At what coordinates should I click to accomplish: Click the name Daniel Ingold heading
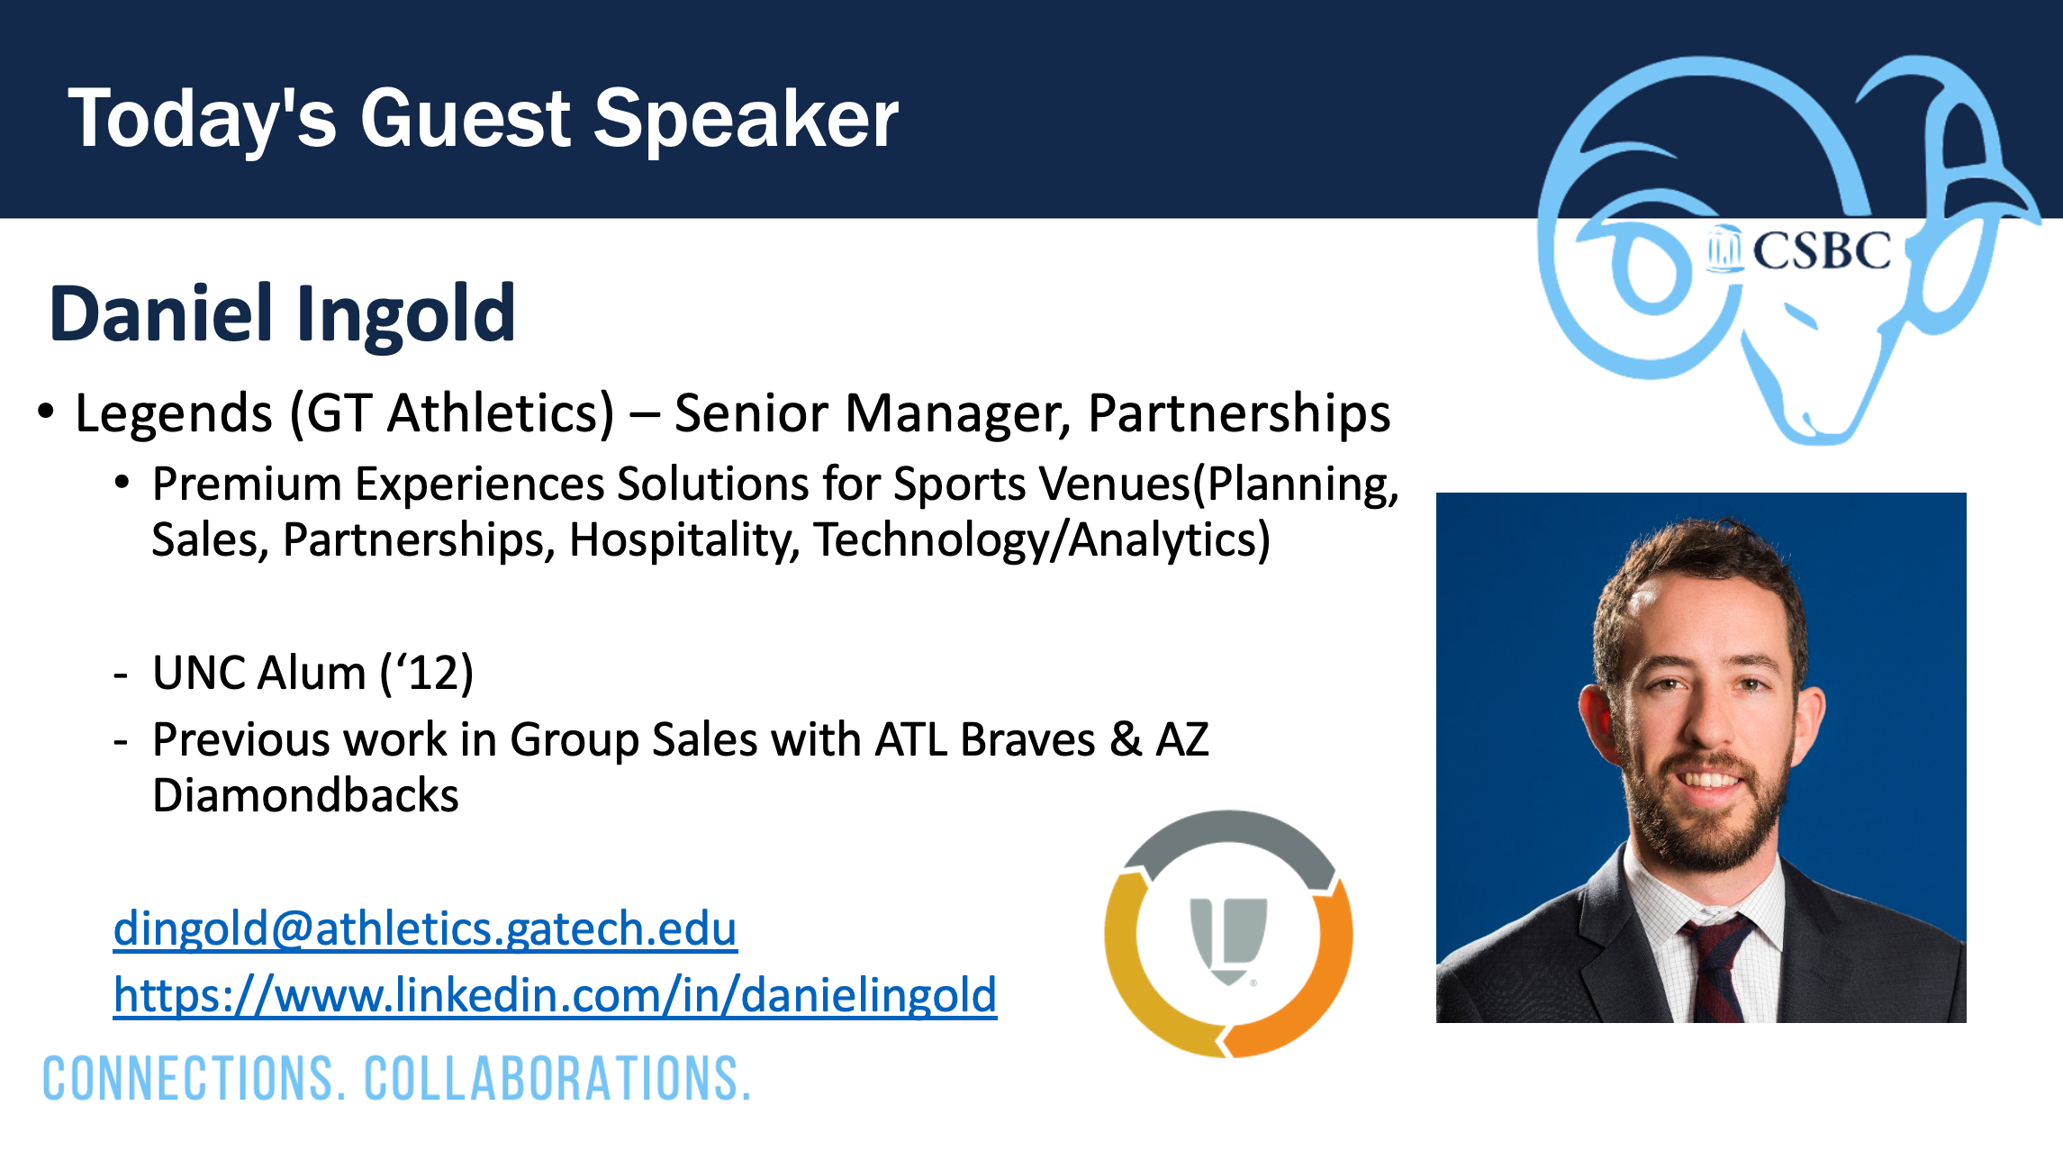(x=282, y=314)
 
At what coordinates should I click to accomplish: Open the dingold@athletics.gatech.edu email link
(x=425, y=928)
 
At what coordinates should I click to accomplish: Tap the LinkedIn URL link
(x=555, y=996)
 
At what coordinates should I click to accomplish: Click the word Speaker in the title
(x=746, y=120)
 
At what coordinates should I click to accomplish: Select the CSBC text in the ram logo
(x=1821, y=250)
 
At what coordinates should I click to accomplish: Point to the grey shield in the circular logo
(x=1228, y=939)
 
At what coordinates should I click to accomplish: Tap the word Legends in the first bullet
(x=174, y=414)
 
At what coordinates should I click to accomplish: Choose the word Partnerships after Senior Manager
(x=1239, y=414)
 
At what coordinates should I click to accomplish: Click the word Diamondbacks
(x=305, y=796)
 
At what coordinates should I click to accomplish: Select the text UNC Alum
(x=259, y=673)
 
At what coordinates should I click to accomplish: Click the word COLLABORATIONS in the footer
(x=557, y=1079)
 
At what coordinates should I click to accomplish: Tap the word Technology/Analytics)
(x=1042, y=540)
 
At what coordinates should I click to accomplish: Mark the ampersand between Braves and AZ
(x=1126, y=740)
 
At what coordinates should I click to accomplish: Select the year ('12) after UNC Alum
(x=427, y=673)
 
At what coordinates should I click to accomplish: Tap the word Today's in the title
(x=203, y=120)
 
